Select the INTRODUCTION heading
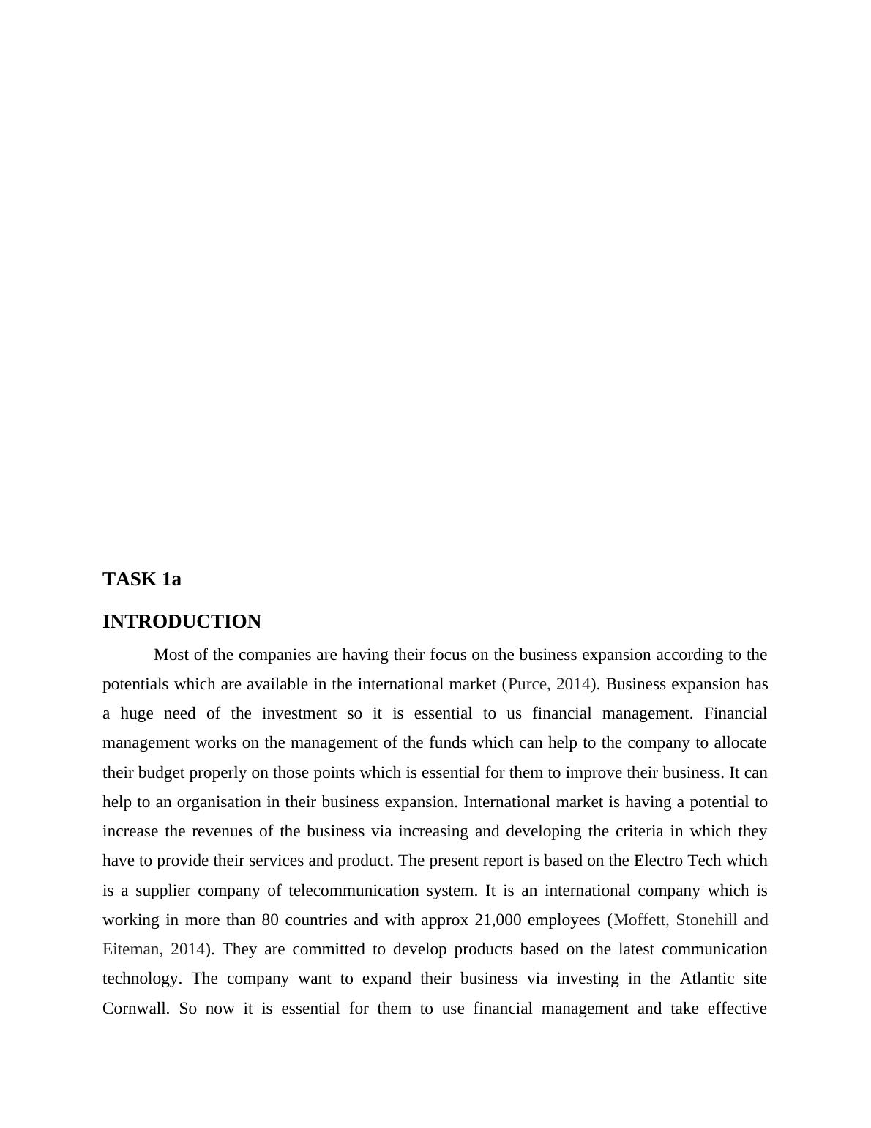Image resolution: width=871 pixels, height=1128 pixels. coord(182,622)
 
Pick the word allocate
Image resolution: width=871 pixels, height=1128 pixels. coord(741,743)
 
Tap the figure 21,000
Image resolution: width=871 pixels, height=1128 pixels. coord(498,920)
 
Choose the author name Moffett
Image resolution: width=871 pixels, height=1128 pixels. coord(640,920)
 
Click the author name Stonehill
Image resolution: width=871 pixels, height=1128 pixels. coord(706,920)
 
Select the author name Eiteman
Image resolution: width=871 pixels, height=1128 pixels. coord(132,949)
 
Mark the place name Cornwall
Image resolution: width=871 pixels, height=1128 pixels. coord(136,1009)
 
